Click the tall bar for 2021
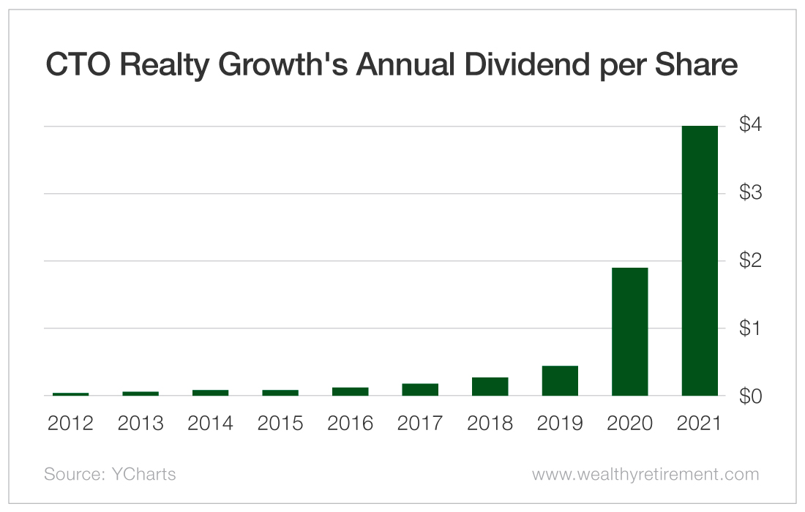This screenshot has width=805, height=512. click(x=699, y=260)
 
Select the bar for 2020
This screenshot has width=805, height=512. click(x=629, y=331)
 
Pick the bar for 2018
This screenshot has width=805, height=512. click(x=490, y=386)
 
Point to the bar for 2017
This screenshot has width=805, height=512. click(x=420, y=389)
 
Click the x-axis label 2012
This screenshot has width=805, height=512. click(x=70, y=423)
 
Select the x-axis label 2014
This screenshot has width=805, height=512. click(x=210, y=423)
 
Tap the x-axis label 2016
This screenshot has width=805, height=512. click(x=350, y=423)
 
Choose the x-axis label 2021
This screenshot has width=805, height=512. click(x=699, y=423)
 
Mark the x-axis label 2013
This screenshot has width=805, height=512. click(x=141, y=423)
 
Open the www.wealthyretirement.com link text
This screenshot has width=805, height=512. click(x=645, y=474)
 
